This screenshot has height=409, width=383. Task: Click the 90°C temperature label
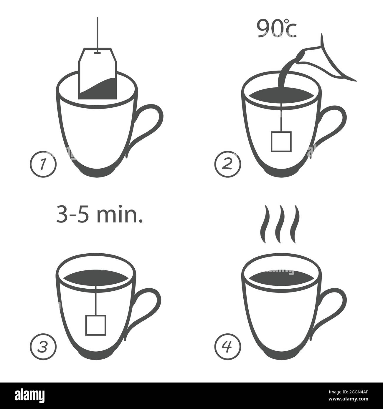tap(276, 29)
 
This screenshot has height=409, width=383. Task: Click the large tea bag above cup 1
tap(98, 73)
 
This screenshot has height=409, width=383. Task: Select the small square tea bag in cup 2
tap(281, 142)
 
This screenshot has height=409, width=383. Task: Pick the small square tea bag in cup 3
tap(96, 325)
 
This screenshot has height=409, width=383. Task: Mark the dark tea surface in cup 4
tap(282, 278)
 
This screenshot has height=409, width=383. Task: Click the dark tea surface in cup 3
tap(96, 278)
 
